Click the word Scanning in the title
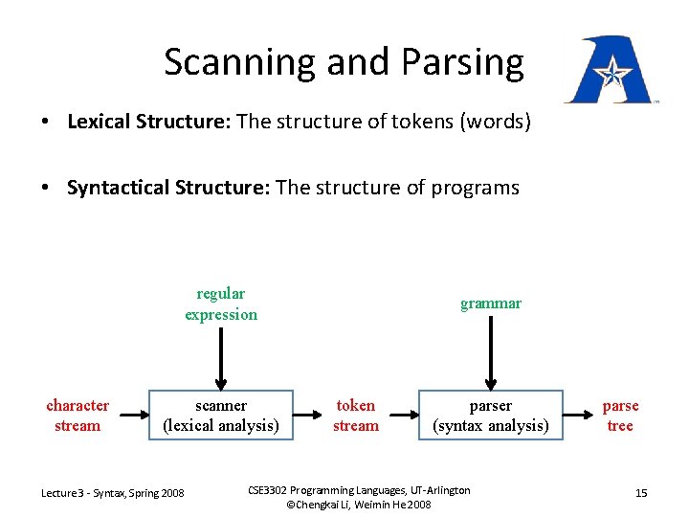(240, 62)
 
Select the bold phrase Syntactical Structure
(167, 188)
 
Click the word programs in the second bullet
(474, 188)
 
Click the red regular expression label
(221, 304)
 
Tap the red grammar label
(491, 303)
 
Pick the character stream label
(78, 416)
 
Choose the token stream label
(356, 416)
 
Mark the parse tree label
(621, 416)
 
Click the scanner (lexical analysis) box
(221, 416)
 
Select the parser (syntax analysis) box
(491, 416)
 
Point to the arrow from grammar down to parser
(491, 352)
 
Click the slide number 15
(641, 493)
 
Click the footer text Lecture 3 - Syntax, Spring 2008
(113, 493)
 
